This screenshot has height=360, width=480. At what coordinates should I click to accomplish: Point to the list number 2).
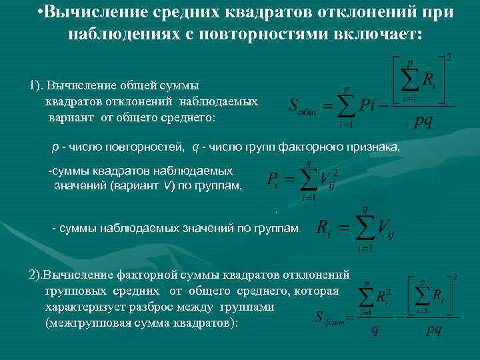(x=37, y=275)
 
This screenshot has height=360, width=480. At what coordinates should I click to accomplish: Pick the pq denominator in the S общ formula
(x=423, y=121)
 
